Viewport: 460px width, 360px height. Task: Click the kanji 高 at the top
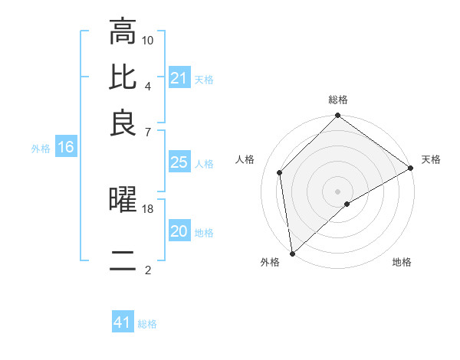123,32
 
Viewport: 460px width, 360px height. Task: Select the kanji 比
123,78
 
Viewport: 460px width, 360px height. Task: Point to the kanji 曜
123,201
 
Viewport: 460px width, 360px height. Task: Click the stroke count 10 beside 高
148,40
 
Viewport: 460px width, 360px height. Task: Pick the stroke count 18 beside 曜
148,208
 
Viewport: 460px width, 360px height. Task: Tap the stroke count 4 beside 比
148,86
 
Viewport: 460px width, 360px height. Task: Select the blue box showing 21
179,78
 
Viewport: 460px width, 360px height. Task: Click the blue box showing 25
179,162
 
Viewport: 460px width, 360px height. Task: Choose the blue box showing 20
179,231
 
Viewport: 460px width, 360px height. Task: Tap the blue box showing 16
66,148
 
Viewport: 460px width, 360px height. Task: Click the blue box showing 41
123,322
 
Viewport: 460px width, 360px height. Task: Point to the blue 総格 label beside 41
147,324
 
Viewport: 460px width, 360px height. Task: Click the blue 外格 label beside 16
41,149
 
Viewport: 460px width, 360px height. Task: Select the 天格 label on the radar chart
431,159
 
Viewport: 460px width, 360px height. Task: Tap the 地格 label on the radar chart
402,263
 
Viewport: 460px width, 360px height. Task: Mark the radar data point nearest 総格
337,116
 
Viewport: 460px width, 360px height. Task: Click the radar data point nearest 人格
280,172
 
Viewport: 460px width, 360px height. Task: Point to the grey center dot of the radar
337,191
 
